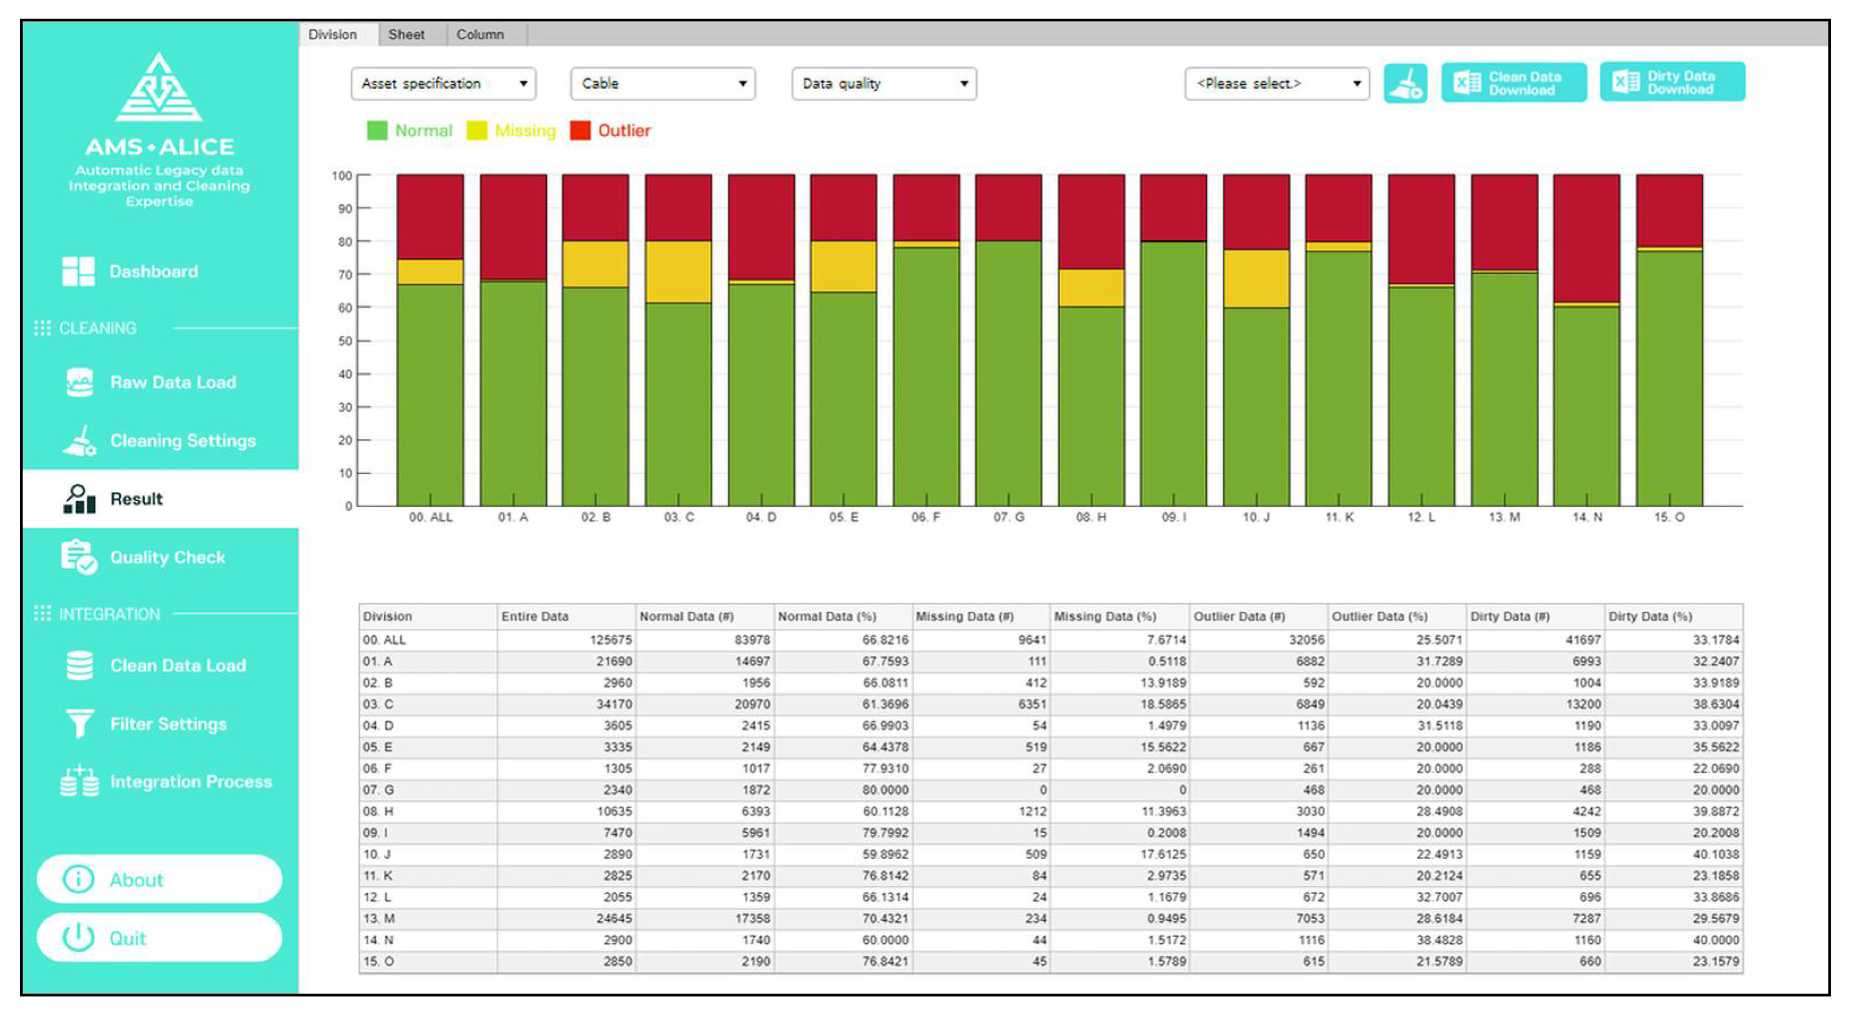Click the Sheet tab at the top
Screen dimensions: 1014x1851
click(406, 34)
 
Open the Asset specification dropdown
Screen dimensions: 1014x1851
click(443, 83)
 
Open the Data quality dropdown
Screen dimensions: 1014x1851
click(883, 83)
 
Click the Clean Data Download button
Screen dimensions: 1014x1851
click(1513, 83)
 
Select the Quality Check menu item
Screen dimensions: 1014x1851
click(167, 557)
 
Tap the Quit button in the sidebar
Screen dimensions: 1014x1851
click(159, 938)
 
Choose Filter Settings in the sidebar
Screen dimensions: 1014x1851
click(168, 724)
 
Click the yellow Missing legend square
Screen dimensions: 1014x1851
click(477, 131)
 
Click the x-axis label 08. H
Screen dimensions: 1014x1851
click(1091, 517)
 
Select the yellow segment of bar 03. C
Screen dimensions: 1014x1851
click(678, 271)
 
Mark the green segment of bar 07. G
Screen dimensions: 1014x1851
click(1008, 373)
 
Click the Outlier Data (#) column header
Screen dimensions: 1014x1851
click(1239, 616)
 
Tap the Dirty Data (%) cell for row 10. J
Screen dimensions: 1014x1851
click(1715, 854)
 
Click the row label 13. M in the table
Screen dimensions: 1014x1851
click(379, 918)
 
